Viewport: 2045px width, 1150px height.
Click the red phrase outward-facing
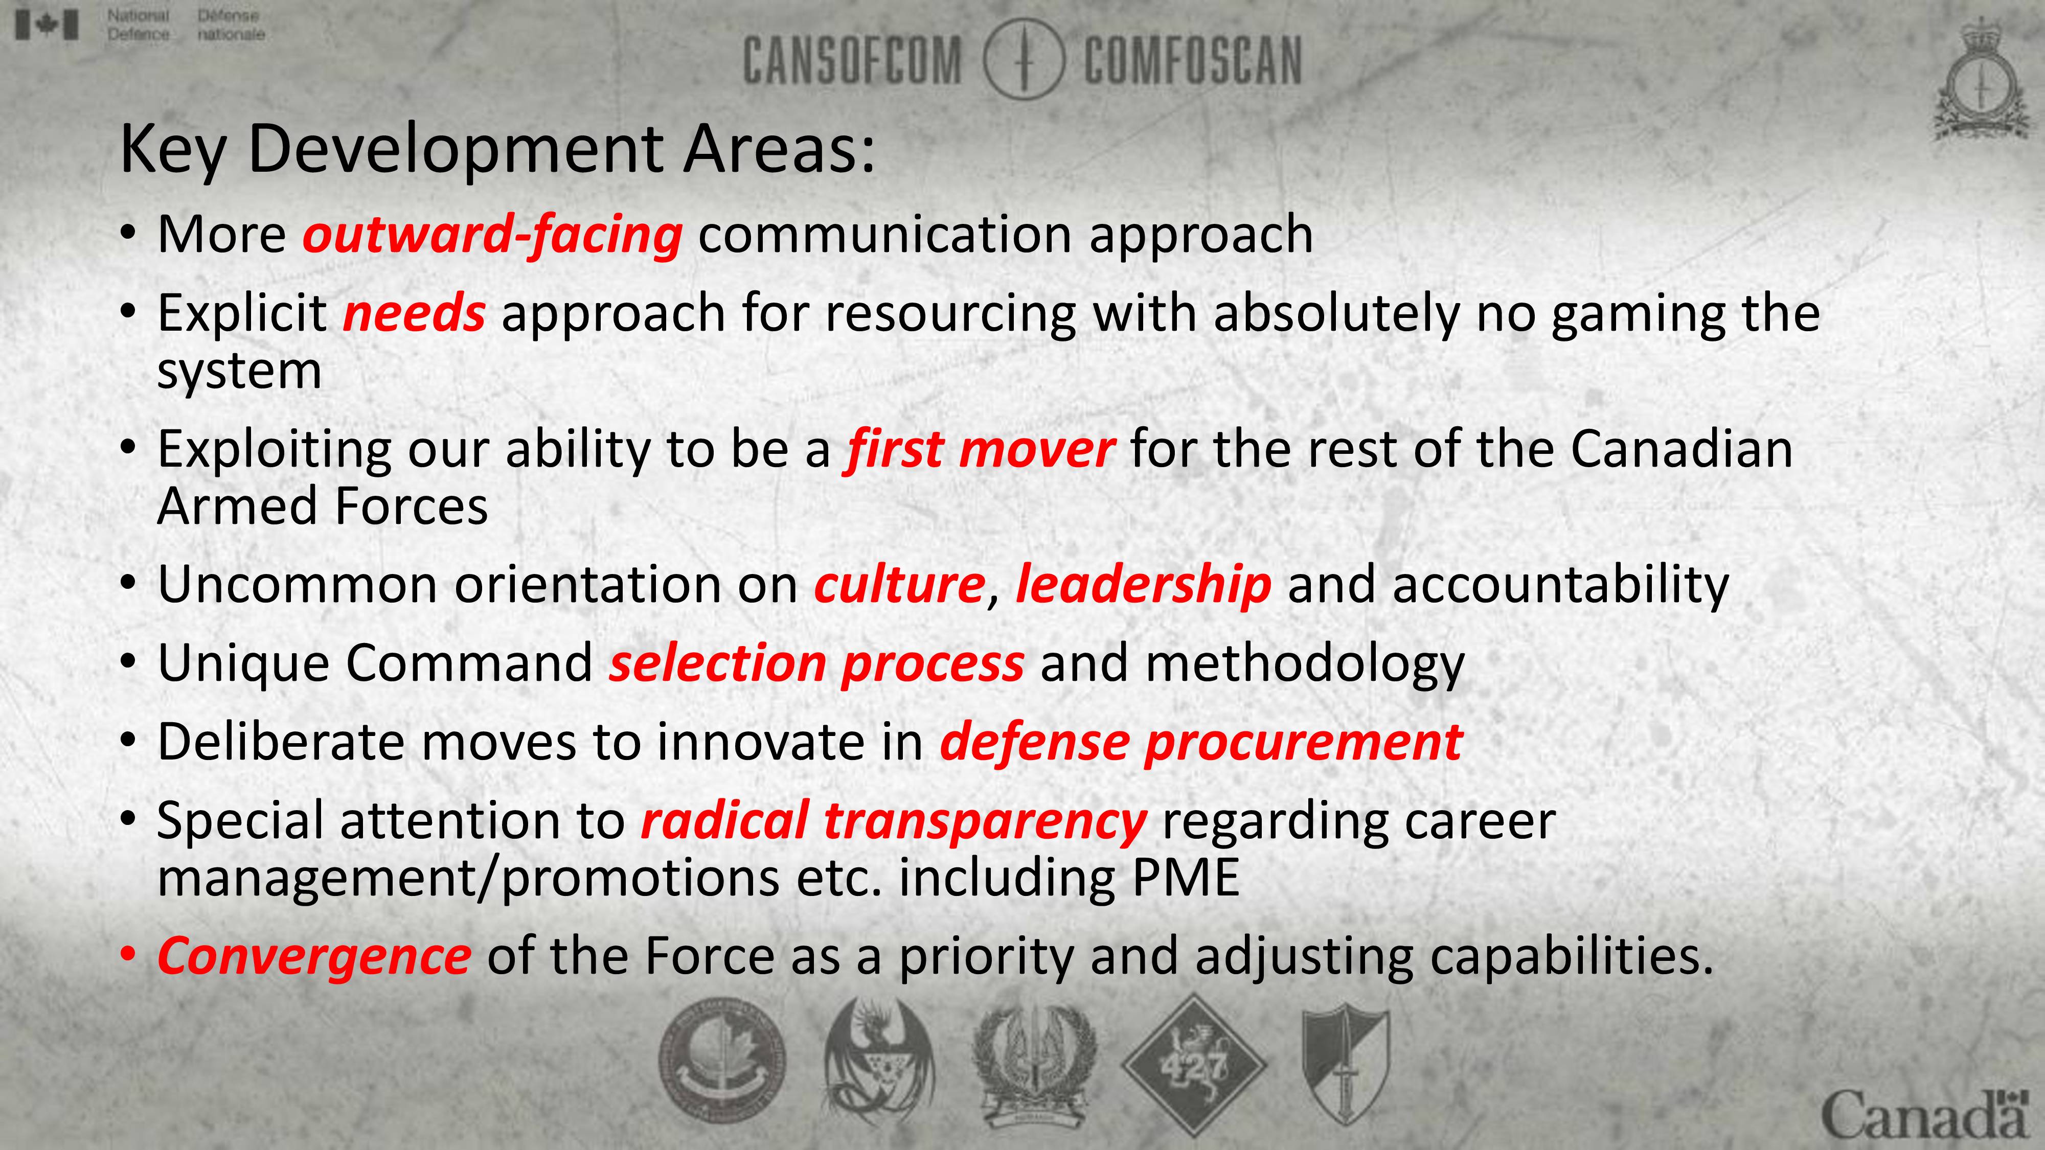pos(492,236)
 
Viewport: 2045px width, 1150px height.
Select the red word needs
pos(414,313)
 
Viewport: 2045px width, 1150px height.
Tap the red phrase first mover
pos(980,450)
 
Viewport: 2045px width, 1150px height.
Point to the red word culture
pos(899,585)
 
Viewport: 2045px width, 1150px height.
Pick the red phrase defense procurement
pos(1201,743)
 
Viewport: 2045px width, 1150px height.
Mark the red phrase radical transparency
pos(893,821)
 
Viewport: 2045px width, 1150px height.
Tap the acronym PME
pos(1185,878)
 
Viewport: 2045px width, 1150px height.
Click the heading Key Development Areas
pos(497,149)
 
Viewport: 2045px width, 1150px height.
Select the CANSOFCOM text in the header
pos(852,60)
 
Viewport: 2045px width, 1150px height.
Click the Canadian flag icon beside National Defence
pos(47,25)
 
